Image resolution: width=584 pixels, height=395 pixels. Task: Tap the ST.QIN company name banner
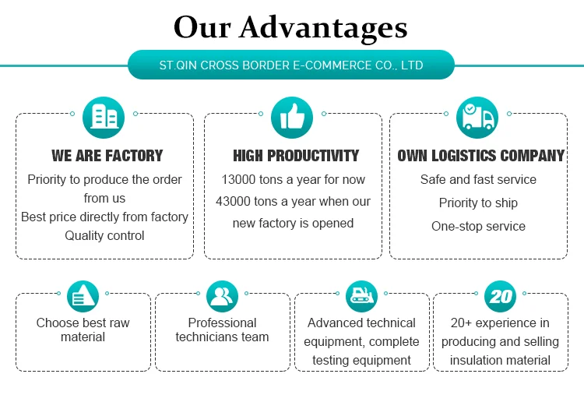click(290, 65)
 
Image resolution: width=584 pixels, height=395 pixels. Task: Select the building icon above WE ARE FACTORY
click(104, 116)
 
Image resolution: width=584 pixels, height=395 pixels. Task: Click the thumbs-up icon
click(292, 117)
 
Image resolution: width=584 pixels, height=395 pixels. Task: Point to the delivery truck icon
click(477, 117)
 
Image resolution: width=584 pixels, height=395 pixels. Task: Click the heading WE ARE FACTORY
click(107, 156)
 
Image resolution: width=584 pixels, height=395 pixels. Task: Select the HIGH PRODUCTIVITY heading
click(296, 156)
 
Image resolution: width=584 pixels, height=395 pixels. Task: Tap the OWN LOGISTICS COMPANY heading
click(480, 156)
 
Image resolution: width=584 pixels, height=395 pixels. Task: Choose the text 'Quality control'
click(104, 235)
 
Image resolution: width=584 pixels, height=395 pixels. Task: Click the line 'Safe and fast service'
click(478, 179)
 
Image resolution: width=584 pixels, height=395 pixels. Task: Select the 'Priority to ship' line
click(478, 203)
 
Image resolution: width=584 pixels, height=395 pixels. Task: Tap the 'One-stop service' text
click(478, 226)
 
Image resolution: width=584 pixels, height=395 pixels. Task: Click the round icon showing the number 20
click(501, 296)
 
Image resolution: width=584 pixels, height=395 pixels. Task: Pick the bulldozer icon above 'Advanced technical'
click(361, 296)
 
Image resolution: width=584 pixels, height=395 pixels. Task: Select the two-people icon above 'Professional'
click(223, 296)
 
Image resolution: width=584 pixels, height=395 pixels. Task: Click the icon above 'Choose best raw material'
click(83, 296)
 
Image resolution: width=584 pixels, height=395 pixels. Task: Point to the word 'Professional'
click(222, 323)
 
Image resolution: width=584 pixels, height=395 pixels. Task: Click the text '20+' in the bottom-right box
click(463, 323)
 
